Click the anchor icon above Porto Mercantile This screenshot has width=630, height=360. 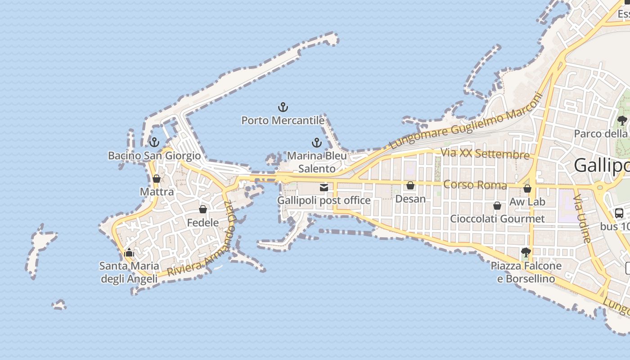coord(283,107)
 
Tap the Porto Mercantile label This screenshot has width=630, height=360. coord(283,121)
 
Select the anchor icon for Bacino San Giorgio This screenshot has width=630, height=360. coord(154,142)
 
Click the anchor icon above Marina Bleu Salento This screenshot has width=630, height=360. coord(317,143)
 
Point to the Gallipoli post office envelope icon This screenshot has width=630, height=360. coord(324,187)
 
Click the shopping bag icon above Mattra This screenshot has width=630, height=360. coord(157,179)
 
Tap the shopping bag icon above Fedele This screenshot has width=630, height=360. coord(203,209)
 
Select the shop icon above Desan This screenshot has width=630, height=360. coord(410,185)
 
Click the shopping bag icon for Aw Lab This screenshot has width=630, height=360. coord(527,188)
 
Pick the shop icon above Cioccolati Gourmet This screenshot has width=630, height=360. coord(497,206)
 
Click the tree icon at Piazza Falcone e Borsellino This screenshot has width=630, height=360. coord(526,252)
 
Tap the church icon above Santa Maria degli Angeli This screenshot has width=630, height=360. coord(129,252)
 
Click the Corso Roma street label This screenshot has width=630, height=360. coord(475,185)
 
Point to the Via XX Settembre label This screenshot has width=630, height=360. coord(485,154)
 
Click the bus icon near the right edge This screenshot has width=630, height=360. coord(619,213)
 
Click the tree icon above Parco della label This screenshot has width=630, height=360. coord(622,120)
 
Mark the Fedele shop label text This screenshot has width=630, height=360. coord(203,223)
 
